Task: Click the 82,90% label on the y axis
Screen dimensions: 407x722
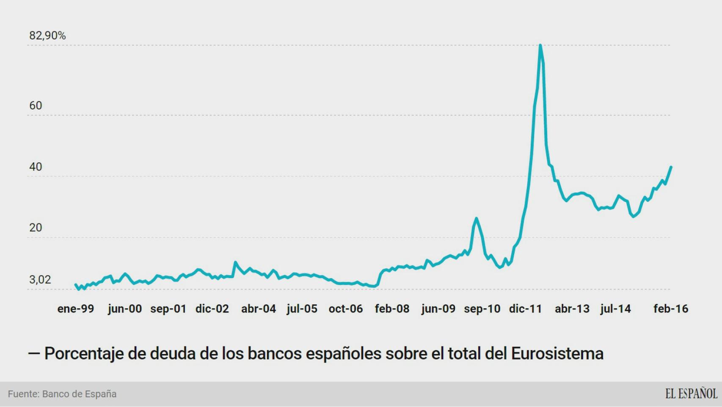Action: point(47,36)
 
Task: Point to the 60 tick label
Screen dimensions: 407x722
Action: point(36,106)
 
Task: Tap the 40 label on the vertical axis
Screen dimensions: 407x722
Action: point(36,167)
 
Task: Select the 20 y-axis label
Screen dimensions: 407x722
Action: point(36,228)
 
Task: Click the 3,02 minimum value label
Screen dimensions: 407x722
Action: point(40,280)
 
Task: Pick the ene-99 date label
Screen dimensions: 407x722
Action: point(76,309)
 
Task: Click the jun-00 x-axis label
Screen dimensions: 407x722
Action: point(125,309)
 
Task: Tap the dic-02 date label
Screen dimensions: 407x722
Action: point(212,309)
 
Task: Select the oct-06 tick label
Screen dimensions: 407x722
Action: point(346,309)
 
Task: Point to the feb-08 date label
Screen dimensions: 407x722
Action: point(392,309)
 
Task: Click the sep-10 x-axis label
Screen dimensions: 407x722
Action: point(482,309)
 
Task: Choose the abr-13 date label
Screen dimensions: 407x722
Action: point(572,309)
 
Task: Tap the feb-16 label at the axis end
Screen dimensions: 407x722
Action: point(671,309)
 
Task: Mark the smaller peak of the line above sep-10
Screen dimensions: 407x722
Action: point(477,218)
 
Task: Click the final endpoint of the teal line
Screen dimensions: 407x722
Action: point(671,167)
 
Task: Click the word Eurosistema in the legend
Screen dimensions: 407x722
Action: point(557,354)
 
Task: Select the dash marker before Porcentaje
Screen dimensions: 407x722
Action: point(34,354)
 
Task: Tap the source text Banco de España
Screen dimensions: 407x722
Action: point(79,394)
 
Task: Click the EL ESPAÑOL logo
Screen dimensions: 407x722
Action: point(691,394)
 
